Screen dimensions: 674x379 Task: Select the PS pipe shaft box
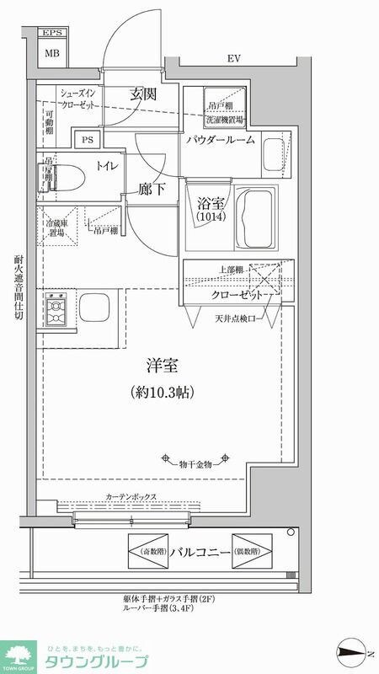click(x=87, y=140)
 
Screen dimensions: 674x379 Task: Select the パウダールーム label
click(x=221, y=140)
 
